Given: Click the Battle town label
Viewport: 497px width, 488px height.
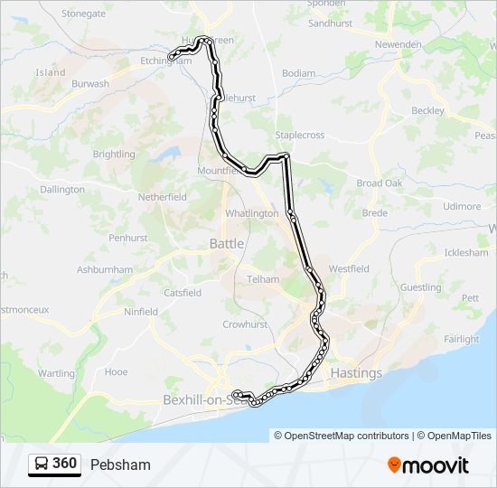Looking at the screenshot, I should coord(227,243).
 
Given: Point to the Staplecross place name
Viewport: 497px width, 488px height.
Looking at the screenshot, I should coord(299,135).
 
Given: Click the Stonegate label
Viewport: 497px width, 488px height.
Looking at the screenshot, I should coord(84,14).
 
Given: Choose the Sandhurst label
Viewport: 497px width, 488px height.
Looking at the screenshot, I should coord(330,23).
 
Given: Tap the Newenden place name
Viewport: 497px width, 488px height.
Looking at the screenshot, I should coord(399,43).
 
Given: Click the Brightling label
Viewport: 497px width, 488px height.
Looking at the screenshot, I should coord(114,155).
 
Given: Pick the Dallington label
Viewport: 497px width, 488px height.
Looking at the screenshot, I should coord(62,190).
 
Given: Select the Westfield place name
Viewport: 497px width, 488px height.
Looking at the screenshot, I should coord(349,269).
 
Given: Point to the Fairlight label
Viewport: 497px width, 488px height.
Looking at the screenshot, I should coord(462,339).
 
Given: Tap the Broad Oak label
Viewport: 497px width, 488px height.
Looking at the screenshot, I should coord(380,183).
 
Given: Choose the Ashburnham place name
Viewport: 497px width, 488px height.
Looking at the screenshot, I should coord(105,270).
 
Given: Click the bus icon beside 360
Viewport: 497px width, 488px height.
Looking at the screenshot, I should coord(41,465).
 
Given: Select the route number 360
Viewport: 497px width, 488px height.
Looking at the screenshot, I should coord(65,464).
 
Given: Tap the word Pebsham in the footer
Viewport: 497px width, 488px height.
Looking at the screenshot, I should coord(120,465).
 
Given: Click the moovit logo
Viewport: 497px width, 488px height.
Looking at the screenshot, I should coord(428,465).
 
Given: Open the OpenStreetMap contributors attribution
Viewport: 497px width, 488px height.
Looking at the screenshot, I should coord(342,436).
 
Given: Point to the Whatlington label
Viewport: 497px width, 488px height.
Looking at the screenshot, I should coord(252,213).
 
